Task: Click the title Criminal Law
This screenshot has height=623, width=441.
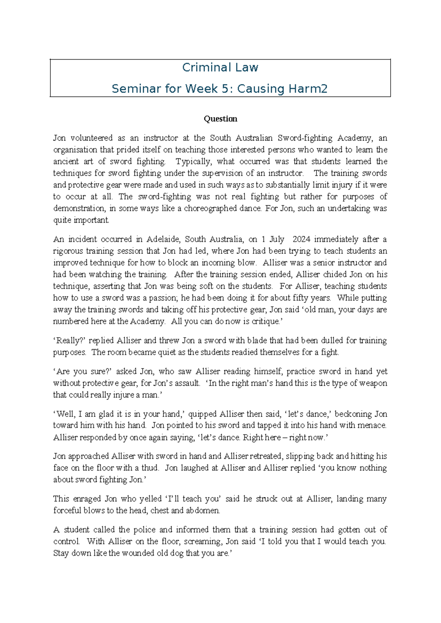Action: click(x=220, y=68)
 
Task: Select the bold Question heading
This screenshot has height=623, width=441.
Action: click(x=220, y=119)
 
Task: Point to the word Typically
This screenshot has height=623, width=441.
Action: click(x=193, y=162)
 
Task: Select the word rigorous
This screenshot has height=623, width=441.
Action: click(x=68, y=251)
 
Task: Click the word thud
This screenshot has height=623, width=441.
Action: click(x=150, y=468)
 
